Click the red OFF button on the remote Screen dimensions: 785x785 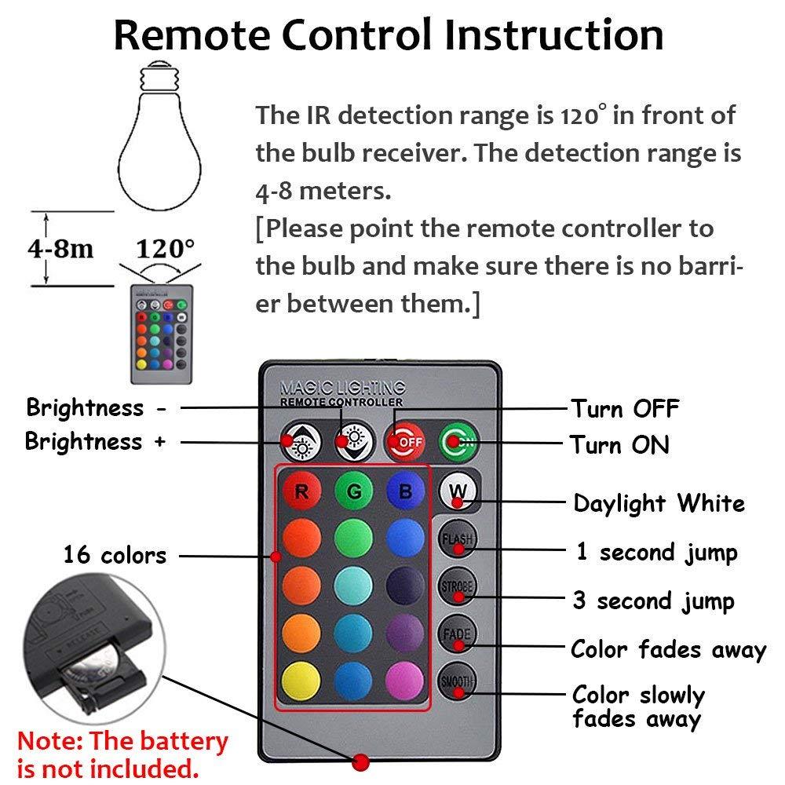[405, 442]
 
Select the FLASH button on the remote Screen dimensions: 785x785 [457, 539]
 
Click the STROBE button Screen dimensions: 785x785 [457, 586]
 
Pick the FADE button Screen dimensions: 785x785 [457, 633]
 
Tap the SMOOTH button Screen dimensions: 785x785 [457, 681]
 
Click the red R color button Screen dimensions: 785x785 [301, 493]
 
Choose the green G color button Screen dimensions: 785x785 [353, 493]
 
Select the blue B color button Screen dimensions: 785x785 [405, 493]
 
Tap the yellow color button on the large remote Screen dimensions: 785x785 [301, 681]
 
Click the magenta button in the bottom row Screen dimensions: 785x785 [405, 681]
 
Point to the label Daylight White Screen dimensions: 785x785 [659, 503]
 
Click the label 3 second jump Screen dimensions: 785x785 [653, 601]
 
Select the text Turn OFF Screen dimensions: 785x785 [624, 409]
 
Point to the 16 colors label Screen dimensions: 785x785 [115, 555]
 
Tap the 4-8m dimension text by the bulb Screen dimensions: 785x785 [61, 250]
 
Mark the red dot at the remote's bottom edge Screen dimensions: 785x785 [361, 761]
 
